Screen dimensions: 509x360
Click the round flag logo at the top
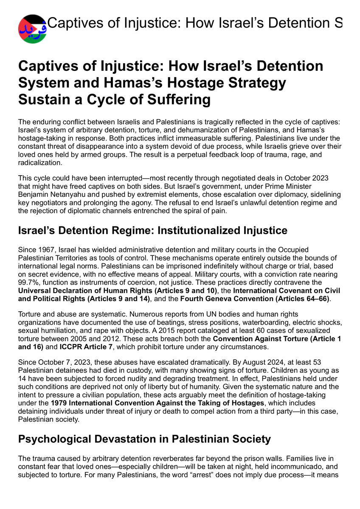[x=32, y=29]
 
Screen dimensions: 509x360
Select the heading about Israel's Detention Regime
[x=153, y=231]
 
